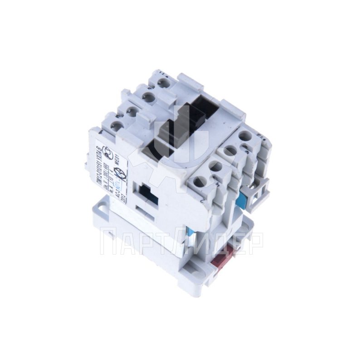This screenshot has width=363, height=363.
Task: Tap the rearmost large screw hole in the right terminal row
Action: pos(245,136)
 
